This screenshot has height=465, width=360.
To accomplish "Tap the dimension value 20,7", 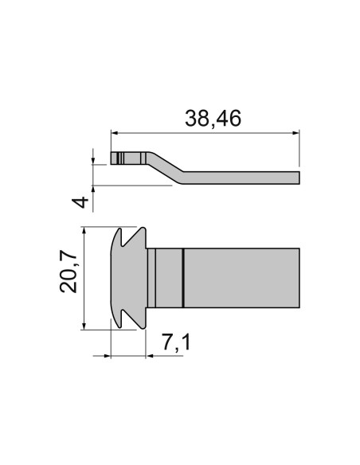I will pos(69,271).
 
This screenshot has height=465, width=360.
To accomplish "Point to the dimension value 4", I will pos(80,200).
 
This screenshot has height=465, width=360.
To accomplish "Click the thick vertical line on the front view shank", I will pos(183,278).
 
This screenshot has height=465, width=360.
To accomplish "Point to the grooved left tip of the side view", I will pos(117,158).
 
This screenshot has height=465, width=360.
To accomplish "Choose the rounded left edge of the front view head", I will pos(110,278).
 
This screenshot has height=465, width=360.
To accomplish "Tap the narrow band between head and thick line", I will pos(169,278).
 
